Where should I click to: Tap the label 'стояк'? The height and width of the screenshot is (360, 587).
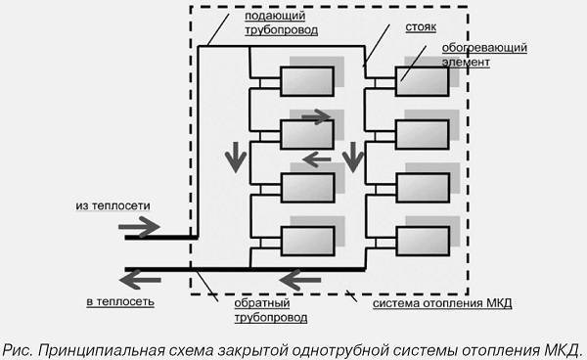tap(395, 29)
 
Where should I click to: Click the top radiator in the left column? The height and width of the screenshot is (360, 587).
tap(306, 80)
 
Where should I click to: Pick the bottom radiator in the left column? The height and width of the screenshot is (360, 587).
tap(306, 241)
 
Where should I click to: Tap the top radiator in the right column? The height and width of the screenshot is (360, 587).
tap(423, 80)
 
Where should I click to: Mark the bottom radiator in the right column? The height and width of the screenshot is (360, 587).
tap(423, 241)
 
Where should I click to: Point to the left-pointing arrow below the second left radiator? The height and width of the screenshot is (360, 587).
tap(316, 157)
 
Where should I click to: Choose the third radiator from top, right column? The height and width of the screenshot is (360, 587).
tap(423, 187)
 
